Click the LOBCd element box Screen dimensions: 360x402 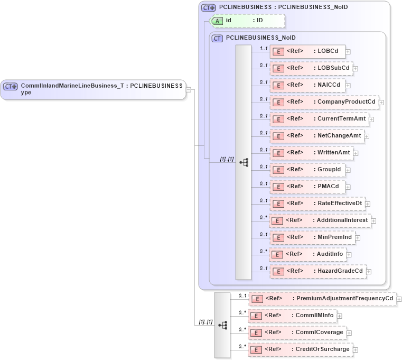pyautogui.click(x=307, y=51)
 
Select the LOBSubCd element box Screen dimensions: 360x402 pyautogui.click(x=311, y=68)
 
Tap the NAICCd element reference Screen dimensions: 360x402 pyautogui.click(x=307, y=85)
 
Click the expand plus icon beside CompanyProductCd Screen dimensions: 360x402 pyautogui.click(x=381, y=103)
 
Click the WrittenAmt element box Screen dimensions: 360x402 pyautogui.click(x=311, y=153)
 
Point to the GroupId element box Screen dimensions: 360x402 pyautogui.click(x=307, y=170)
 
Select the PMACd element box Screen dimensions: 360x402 pyautogui.click(x=307, y=187)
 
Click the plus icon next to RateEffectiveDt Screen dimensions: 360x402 pyautogui.click(x=368, y=204)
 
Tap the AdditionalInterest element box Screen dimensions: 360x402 pyautogui.click(x=320, y=220)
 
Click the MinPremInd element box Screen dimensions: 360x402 pyautogui.click(x=312, y=237)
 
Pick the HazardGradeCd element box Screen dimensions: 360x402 pyautogui.click(x=317, y=271)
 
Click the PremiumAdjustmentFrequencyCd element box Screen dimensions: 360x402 pyautogui.click(x=322, y=299)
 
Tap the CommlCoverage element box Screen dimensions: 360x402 pyautogui.click(x=296, y=333)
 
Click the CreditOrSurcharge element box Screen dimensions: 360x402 pyautogui.click(x=300, y=349)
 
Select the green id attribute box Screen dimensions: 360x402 pyautogui.click(x=247, y=21)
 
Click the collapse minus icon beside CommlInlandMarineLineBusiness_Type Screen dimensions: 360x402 pyautogui.click(x=189, y=89)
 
